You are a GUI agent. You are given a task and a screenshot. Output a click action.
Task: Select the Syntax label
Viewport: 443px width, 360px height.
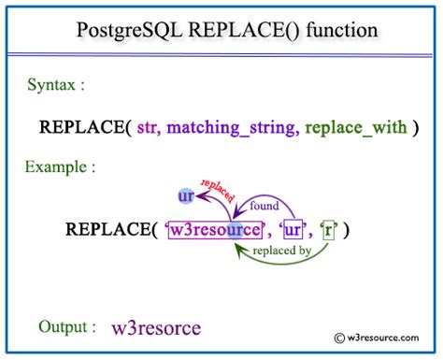click(55, 85)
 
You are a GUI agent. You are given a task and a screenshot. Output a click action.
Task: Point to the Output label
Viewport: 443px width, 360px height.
click(66, 326)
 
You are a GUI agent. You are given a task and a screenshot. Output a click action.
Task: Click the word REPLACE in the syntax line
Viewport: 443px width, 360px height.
click(79, 127)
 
